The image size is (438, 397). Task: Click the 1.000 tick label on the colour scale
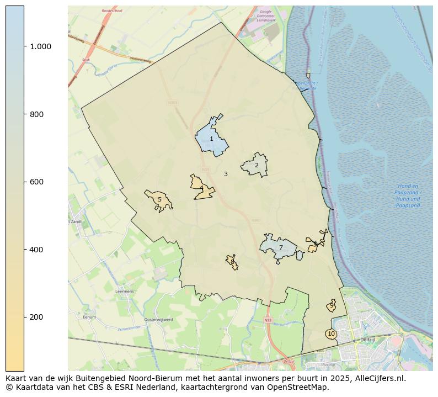[x=40, y=46]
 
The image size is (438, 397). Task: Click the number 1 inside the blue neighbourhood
[x=211, y=139]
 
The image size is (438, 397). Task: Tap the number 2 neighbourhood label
[x=257, y=165]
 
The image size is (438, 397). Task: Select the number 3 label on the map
[x=226, y=174]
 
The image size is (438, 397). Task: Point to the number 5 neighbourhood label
[x=159, y=200]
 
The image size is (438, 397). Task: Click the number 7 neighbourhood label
[x=281, y=247]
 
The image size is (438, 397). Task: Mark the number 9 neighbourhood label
[x=332, y=305]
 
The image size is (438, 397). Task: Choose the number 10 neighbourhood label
[x=331, y=334]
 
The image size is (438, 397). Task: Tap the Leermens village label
[x=125, y=291]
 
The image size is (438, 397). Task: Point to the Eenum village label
[x=89, y=317]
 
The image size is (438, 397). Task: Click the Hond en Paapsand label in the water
[x=408, y=196]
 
